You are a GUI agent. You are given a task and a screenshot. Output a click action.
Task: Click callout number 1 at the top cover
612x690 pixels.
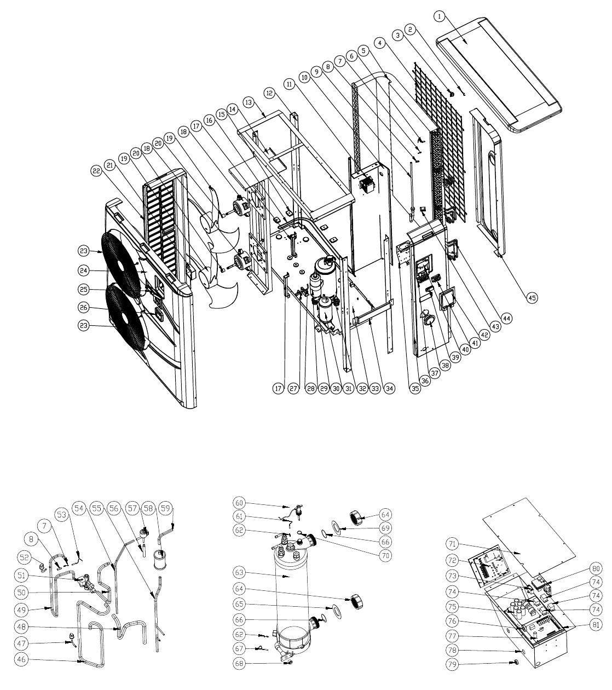440,16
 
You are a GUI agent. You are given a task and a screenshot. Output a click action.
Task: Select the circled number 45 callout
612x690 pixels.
532,298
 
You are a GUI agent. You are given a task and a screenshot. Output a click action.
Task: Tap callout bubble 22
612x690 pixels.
96,171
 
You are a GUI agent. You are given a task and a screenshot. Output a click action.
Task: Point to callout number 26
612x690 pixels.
83,308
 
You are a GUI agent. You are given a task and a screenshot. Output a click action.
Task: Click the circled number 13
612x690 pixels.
249,102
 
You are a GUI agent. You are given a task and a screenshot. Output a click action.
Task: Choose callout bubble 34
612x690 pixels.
389,389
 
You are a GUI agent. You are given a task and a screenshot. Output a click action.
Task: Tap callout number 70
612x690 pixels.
385,556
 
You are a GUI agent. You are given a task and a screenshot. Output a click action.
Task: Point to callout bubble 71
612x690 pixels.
452,544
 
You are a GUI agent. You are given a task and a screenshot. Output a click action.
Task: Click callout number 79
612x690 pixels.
452,664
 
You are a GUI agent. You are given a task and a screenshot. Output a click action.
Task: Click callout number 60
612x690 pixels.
240,503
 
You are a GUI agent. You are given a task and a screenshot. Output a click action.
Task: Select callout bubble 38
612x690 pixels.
444,366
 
